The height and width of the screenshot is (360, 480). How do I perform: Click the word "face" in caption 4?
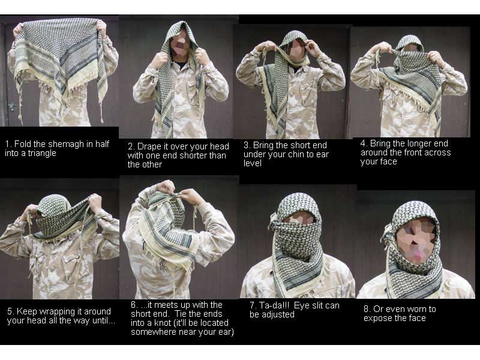coord(387,161)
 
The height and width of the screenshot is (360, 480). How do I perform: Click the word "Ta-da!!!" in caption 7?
coord(274,305)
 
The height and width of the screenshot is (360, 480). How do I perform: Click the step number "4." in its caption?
coord(364,143)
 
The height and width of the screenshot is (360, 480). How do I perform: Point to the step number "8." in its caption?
coord(367,309)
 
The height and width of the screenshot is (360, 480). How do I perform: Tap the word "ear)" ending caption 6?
coord(226,332)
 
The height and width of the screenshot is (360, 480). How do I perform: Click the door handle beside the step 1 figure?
coord(11,107)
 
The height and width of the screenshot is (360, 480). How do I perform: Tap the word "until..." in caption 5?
coord(104,321)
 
